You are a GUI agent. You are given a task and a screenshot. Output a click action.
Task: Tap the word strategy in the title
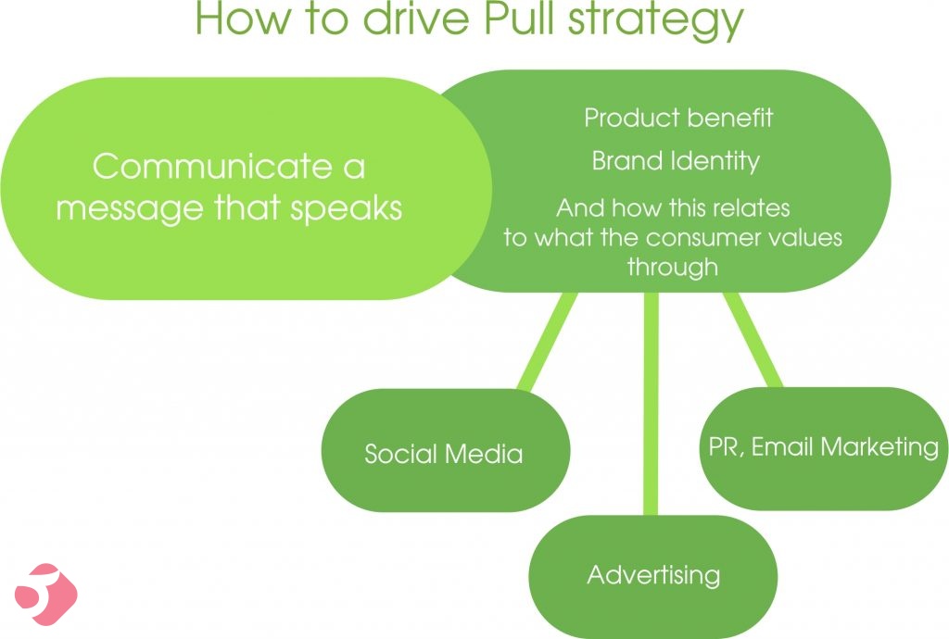(x=655, y=21)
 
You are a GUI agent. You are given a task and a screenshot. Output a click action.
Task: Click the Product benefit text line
(x=678, y=118)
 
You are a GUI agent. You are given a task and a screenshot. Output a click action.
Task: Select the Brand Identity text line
(x=676, y=161)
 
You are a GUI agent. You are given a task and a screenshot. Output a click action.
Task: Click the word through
(x=673, y=268)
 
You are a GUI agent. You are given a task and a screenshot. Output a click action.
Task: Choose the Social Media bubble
(x=446, y=451)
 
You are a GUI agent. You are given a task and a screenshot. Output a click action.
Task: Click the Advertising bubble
(x=653, y=576)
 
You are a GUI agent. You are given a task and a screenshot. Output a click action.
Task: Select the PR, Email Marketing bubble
(x=824, y=448)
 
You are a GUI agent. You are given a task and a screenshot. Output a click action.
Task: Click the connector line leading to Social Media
(x=547, y=342)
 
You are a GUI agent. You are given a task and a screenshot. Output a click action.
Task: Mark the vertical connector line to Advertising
(x=652, y=404)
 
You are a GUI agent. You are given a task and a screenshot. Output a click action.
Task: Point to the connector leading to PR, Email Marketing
(x=753, y=341)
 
